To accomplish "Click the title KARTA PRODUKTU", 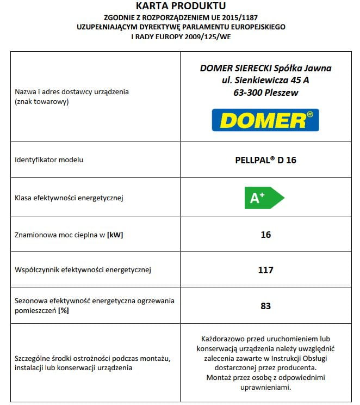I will point(180,6).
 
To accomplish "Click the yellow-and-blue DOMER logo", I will point(265,120).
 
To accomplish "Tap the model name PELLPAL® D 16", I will point(265,160).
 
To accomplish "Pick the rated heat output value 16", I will point(265,235).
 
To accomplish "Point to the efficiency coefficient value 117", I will point(265,269).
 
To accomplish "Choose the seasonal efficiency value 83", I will point(265,305).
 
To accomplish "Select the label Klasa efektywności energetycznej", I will point(69,198).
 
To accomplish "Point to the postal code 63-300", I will point(244,93).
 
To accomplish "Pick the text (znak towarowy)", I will point(42,101).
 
